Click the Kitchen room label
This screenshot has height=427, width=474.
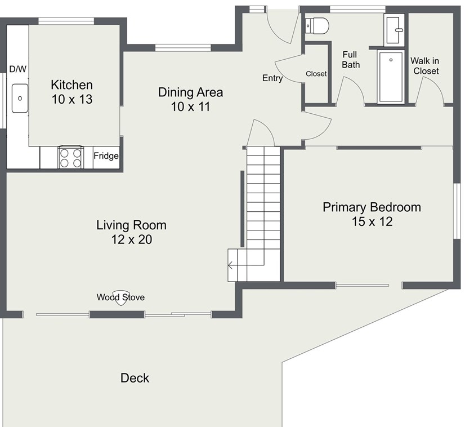71,85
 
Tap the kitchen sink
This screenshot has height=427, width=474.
20,99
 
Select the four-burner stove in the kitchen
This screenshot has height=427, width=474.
71,157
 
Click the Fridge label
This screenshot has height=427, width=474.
106,155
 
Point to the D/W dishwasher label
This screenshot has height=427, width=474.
18,69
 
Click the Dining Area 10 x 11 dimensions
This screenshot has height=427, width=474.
190,107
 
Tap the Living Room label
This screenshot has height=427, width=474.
131,225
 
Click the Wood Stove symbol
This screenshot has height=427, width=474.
120,298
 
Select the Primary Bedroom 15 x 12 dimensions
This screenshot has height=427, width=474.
372,221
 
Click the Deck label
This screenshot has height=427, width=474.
135,378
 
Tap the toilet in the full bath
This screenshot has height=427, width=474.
316,26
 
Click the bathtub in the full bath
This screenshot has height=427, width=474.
391,77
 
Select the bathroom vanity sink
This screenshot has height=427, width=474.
395,30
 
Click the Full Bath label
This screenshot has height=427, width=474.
351,60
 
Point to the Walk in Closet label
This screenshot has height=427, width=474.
424,66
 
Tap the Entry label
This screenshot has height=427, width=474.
272,78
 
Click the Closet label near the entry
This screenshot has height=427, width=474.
316,74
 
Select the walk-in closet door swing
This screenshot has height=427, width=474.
430,90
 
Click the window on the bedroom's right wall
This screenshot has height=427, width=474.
457,211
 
